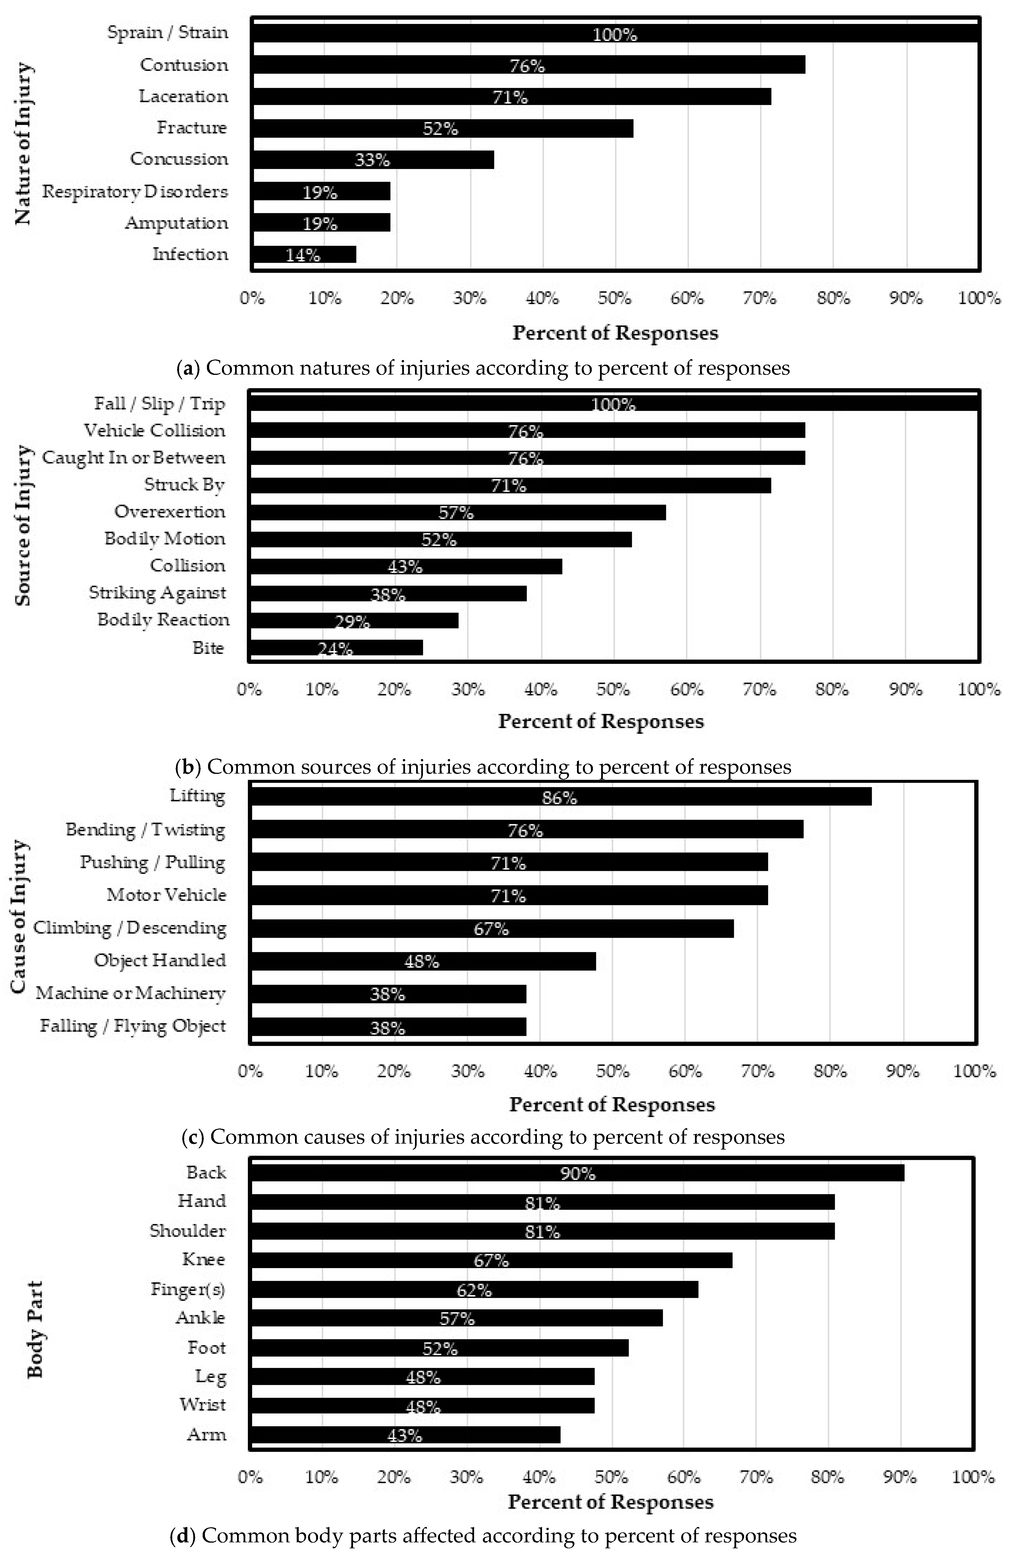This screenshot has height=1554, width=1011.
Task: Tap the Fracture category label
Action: coord(192,127)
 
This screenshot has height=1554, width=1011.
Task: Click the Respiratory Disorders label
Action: coord(135,191)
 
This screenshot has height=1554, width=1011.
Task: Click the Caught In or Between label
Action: coord(134,458)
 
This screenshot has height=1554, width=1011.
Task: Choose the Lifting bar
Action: coord(560,797)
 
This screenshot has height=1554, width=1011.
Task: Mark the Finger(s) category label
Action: coord(188,1289)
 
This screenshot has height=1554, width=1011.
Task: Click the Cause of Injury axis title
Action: coord(20,916)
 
